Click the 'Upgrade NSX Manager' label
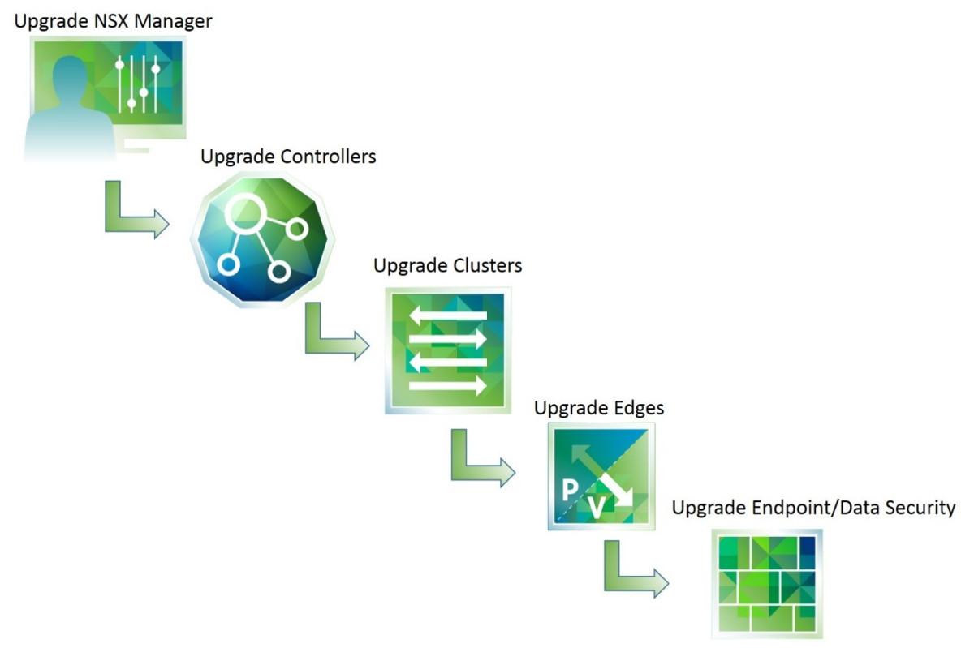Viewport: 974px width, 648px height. [x=114, y=21]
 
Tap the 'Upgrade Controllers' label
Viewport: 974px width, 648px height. [x=288, y=156]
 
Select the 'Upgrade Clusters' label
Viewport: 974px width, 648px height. [x=447, y=265]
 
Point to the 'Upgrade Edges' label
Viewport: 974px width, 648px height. [x=598, y=407]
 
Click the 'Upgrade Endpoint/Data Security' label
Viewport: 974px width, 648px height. [x=814, y=509]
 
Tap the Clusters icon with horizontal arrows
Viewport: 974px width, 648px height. [x=448, y=351]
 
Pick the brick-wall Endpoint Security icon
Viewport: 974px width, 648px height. [x=766, y=583]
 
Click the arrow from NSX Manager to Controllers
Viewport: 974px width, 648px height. [x=135, y=212]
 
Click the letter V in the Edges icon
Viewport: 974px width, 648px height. [x=597, y=508]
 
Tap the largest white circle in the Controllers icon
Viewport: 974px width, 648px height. [x=245, y=212]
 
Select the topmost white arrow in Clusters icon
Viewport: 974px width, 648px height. [x=448, y=315]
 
